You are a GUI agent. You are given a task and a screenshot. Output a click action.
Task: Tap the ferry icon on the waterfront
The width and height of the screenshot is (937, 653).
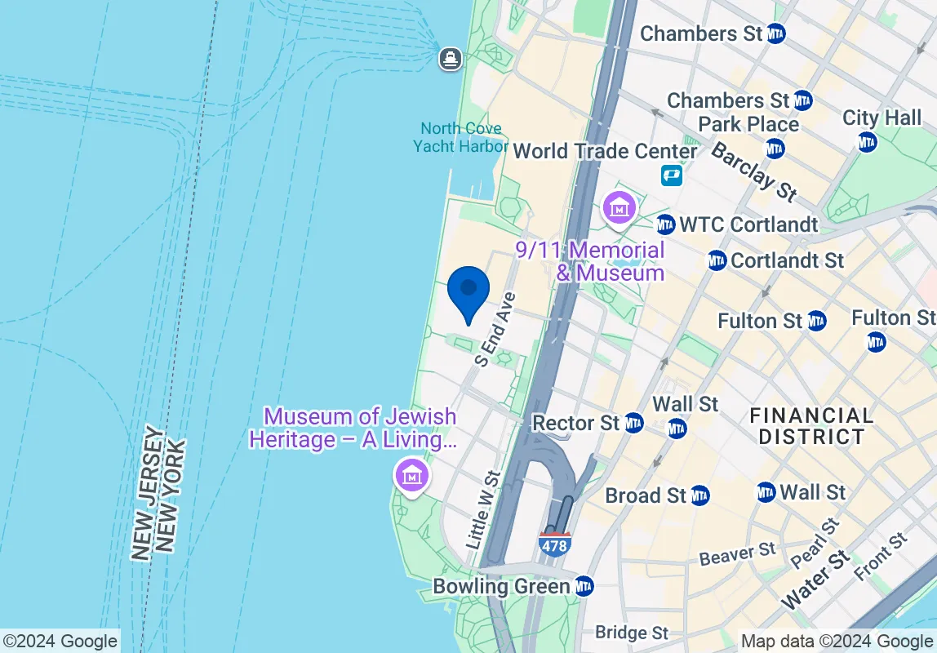tap(450, 59)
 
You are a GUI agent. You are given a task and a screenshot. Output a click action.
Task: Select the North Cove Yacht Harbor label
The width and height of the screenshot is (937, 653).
tap(460, 137)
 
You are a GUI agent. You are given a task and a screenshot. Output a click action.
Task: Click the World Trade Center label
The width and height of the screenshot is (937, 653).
tap(605, 151)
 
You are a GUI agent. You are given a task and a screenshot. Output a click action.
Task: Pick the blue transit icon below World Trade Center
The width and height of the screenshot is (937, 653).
tap(671, 175)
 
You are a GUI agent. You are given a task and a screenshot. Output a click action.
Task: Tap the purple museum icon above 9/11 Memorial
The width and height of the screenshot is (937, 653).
tap(619, 207)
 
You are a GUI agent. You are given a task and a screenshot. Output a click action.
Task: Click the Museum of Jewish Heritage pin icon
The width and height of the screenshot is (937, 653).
tap(412, 474)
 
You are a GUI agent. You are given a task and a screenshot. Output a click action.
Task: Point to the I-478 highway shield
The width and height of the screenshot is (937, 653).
tap(554, 544)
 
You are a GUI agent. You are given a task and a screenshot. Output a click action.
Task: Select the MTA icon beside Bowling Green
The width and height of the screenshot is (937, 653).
tap(584, 586)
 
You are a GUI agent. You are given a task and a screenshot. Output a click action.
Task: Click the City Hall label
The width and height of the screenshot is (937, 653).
tap(881, 118)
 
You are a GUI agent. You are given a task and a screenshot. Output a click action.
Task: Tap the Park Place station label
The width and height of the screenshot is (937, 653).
tap(748, 125)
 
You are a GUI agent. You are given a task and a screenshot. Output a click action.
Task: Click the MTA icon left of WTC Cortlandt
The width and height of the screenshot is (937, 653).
tap(666, 224)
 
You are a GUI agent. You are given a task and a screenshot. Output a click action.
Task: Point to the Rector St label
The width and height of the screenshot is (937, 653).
tap(576, 423)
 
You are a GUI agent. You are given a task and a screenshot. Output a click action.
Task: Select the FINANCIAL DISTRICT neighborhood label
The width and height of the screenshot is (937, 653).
tap(811, 425)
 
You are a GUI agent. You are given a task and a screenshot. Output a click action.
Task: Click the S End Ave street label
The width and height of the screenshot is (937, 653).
tap(495, 329)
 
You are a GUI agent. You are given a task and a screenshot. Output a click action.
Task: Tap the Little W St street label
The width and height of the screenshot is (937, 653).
tap(482, 509)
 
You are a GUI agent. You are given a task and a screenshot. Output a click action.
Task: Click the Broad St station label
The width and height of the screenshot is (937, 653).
tap(646, 495)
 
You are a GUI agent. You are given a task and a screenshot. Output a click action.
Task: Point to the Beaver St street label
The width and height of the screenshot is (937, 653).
tap(737, 554)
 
